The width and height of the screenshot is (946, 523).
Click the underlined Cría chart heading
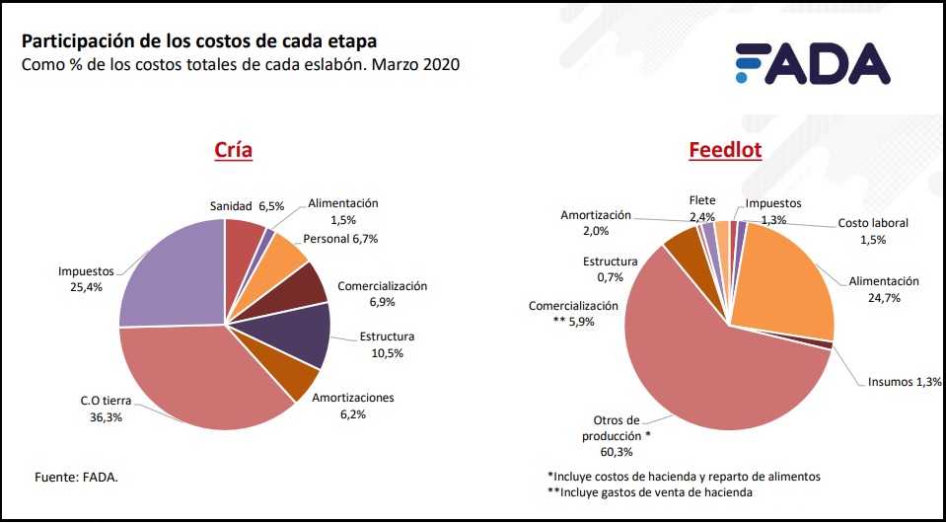234,150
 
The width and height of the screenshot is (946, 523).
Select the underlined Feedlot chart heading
725,150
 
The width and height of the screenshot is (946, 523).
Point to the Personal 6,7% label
340,238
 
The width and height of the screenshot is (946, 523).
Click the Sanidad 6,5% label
247,206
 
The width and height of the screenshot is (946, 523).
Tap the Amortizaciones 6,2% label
352,406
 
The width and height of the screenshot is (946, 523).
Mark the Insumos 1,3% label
905,381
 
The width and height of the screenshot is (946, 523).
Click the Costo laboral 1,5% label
873,231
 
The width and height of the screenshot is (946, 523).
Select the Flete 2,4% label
702,208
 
